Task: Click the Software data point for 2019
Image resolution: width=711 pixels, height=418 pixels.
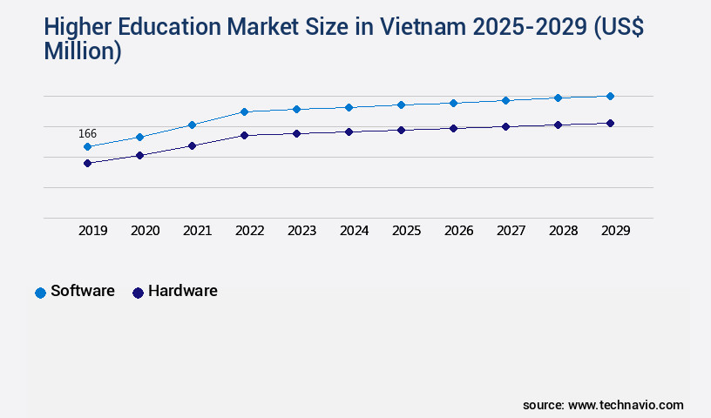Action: (87, 146)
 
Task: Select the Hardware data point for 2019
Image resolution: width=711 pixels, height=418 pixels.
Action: (87, 163)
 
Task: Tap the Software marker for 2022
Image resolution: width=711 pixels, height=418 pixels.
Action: (244, 111)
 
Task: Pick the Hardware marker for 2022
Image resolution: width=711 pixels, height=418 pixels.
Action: (244, 135)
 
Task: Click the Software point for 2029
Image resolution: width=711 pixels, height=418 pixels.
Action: (610, 96)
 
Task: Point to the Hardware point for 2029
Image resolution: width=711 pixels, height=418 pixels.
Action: (610, 123)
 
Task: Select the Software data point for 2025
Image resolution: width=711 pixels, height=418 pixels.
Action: (401, 104)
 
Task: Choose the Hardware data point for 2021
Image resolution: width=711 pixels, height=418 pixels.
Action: (192, 145)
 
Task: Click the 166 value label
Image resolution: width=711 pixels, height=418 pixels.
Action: (87, 133)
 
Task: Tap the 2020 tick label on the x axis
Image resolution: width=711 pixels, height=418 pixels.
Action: (145, 231)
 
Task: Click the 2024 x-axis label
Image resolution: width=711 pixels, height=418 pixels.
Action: (354, 231)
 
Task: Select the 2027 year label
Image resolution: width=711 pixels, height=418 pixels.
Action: (511, 231)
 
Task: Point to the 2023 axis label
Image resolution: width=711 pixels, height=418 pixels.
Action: (301, 231)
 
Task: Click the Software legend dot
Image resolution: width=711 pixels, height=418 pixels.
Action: (40, 293)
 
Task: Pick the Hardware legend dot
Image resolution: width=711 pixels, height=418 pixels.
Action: (138, 293)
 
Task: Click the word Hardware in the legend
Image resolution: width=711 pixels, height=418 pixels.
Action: (182, 291)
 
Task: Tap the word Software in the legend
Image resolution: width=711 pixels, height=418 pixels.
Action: (83, 291)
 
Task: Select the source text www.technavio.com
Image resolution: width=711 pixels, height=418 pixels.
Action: (626, 405)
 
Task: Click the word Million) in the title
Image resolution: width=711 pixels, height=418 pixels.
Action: (82, 51)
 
